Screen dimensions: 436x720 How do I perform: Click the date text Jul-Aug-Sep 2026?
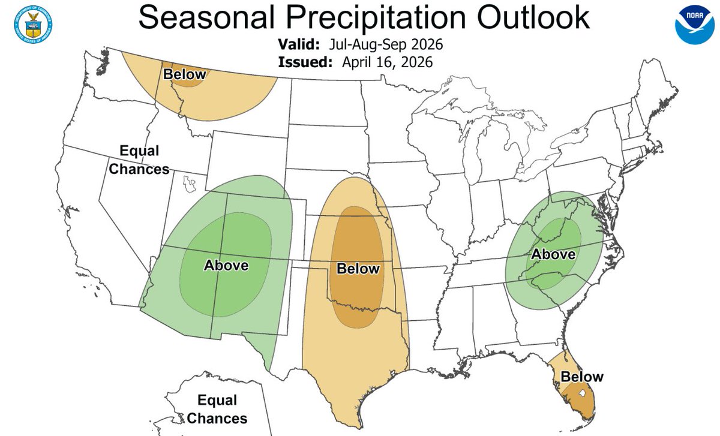(386, 45)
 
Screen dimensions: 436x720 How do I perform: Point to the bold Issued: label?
(304, 62)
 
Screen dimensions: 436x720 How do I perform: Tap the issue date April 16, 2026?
(387, 62)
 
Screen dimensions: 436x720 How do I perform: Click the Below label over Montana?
(184, 74)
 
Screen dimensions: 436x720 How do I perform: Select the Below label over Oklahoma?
(358, 268)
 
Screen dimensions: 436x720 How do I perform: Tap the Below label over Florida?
(581, 377)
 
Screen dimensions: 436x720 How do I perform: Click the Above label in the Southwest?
(226, 265)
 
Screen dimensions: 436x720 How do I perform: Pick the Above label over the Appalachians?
(554, 254)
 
